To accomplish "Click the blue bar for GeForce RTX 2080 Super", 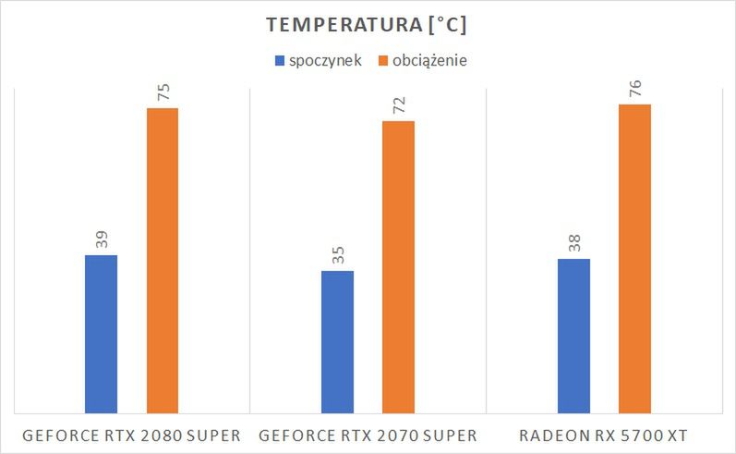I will pyautogui.click(x=101, y=333).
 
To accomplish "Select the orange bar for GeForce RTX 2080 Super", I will pyautogui.click(x=163, y=260).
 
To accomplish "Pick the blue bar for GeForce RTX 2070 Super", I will pyautogui.click(x=337, y=341).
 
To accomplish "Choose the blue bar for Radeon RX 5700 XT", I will pyautogui.click(x=573, y=335).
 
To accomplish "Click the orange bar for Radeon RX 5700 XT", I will pyautogui.click(x=634, y=258).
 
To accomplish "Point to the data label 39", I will pyautogui.click(x=101, y=239).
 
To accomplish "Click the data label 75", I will pyautogui.click(x=163, y=92).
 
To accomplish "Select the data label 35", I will pyautogui.click(x=337, y=255).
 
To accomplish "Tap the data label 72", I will pyautogui.click(x=398, y=105).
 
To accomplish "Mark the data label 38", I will pyautogui.click(x=573, y=243).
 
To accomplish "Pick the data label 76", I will pyautogui.click(x=634, y=89).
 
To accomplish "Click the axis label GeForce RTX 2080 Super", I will pyautogui.click(x=132, y=436).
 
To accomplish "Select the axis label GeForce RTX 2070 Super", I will pyautogui.click(x=368, y=436).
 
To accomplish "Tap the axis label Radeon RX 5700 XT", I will pyautogui.click(x=604, y=436).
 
